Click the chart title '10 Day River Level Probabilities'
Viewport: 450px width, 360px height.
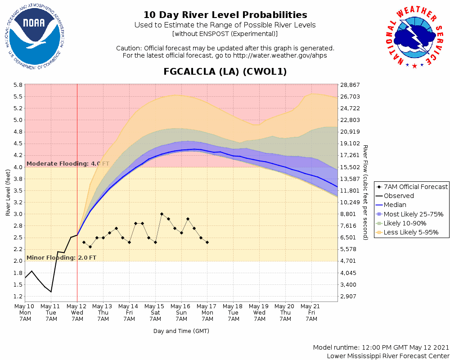[225, 15]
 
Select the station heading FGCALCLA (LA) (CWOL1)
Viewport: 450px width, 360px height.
[225, 72]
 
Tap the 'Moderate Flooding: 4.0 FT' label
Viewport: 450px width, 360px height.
[67, 164]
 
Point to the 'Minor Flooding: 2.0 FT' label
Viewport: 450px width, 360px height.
[61, 258]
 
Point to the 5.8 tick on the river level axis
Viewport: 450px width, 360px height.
[18, 85]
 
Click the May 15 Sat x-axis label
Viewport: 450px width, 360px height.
[155, 312]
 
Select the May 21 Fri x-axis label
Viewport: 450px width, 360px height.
[311, 312]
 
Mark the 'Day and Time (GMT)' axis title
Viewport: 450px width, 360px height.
[181, 331]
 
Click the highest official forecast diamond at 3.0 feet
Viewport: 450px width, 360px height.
[162, 214]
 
